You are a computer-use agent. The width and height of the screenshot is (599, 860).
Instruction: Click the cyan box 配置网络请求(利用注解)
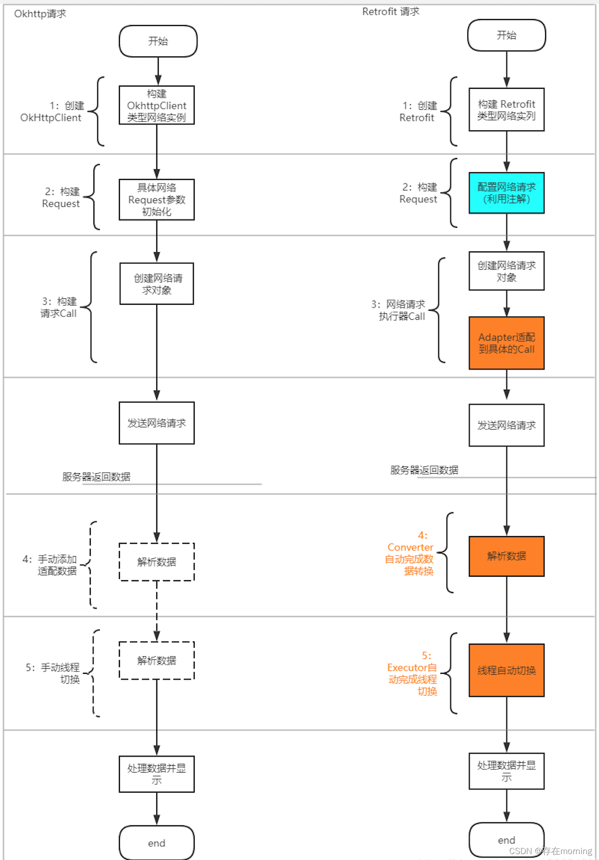(x=506, y=193)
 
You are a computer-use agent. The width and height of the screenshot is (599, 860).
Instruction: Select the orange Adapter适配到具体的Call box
(x=506, y=343)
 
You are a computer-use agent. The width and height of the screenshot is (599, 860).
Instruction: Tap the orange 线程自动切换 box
(x=506, y=670)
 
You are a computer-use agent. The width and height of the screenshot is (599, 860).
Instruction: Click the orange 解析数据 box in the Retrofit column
(x=506, y=556)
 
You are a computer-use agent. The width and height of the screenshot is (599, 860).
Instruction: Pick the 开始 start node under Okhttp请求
(x=158, y=41)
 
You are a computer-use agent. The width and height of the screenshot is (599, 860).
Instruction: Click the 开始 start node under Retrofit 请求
(x=506, y=36)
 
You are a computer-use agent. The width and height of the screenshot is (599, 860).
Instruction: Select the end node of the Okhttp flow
(x=156, y=843)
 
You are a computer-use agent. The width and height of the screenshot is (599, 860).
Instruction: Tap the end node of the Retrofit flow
(x=506, y=840)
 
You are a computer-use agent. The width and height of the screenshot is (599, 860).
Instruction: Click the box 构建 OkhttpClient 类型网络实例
(x=156, y=105)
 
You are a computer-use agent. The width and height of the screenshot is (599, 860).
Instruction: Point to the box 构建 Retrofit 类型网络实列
(x=506, y=110)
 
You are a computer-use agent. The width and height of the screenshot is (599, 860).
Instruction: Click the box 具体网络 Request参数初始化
(x=156, y=200)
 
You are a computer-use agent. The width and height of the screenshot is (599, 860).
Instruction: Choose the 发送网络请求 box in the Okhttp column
(x=156, y=423)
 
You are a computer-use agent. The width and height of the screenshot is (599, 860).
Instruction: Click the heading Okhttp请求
(x=40, y=14)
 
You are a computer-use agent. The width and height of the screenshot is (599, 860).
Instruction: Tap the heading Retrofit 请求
(x=391, y=12)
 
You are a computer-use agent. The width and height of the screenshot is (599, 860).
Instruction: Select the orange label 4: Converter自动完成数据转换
(x=410, y=553)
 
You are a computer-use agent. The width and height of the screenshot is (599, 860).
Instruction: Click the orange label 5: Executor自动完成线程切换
(x=413, y=673)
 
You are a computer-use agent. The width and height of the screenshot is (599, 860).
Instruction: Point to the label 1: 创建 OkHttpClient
(x=52, y=112)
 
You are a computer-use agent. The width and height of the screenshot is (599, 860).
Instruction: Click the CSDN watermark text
(x=550, y=851)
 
